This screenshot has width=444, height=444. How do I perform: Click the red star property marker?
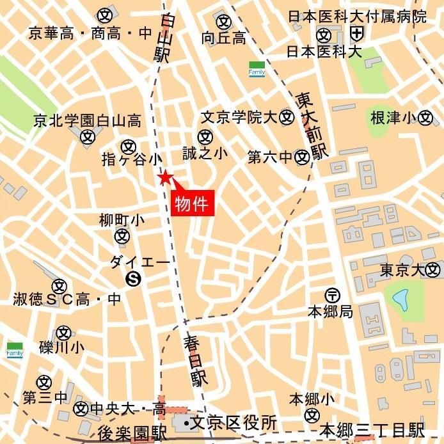(x=165, y=177)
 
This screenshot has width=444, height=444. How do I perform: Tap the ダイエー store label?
(x=139, y=262)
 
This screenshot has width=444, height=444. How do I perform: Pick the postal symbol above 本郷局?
(x=333, y=296)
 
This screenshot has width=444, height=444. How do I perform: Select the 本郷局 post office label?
(x=330, y=312)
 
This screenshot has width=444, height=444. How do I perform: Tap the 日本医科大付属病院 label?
(x=357, y=16)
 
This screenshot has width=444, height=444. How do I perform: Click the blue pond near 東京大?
(x=400, y=299)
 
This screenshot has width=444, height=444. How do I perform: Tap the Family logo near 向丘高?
(x=257, y=68)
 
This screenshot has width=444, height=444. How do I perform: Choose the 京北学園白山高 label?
(x=88, y=120)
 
